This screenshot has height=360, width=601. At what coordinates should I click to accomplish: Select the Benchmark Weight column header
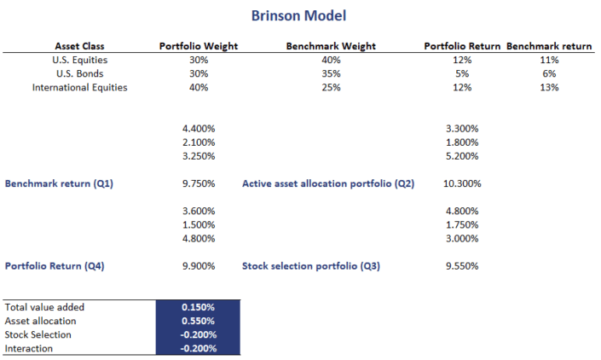pyautogui.click(x=331, y=46)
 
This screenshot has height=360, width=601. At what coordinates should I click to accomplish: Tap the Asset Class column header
pyautogui.click(x=79, y=46)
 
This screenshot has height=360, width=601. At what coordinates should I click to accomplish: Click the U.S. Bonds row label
pyautogui.click(x=79, y=73)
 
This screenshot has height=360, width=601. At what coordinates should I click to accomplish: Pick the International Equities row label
pyautogui.click(x=79, y=87)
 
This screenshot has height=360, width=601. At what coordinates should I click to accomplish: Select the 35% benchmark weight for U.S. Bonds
pyautogui.click(x=331, y=73)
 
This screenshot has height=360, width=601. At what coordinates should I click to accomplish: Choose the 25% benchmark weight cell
pyautogui.click(x=331, y=87)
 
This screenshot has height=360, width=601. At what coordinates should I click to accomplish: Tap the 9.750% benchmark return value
pyautogui.click(x=199, y=183)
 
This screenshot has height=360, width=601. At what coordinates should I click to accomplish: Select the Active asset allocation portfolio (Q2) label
pyautogui.click(x=327, y=183)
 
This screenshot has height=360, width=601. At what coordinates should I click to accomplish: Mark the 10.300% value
pyautogui.click(x=463, y=183)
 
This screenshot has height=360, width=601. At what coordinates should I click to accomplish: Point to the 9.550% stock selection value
pyautogui.click(x=463, y=266)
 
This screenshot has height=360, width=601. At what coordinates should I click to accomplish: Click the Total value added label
pyautogui.click(x=44, y=307)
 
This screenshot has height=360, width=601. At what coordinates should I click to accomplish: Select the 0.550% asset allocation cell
pyautogui.click(x=199, y=321)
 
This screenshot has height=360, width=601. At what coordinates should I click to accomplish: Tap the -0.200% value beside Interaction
pyautogui.click(x=199, y=348)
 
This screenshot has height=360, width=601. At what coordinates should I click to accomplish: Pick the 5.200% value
pyautogui.click(x=463, y=156)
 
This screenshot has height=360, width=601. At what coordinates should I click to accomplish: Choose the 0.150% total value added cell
pyautogui.click(x=199, y=307)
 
